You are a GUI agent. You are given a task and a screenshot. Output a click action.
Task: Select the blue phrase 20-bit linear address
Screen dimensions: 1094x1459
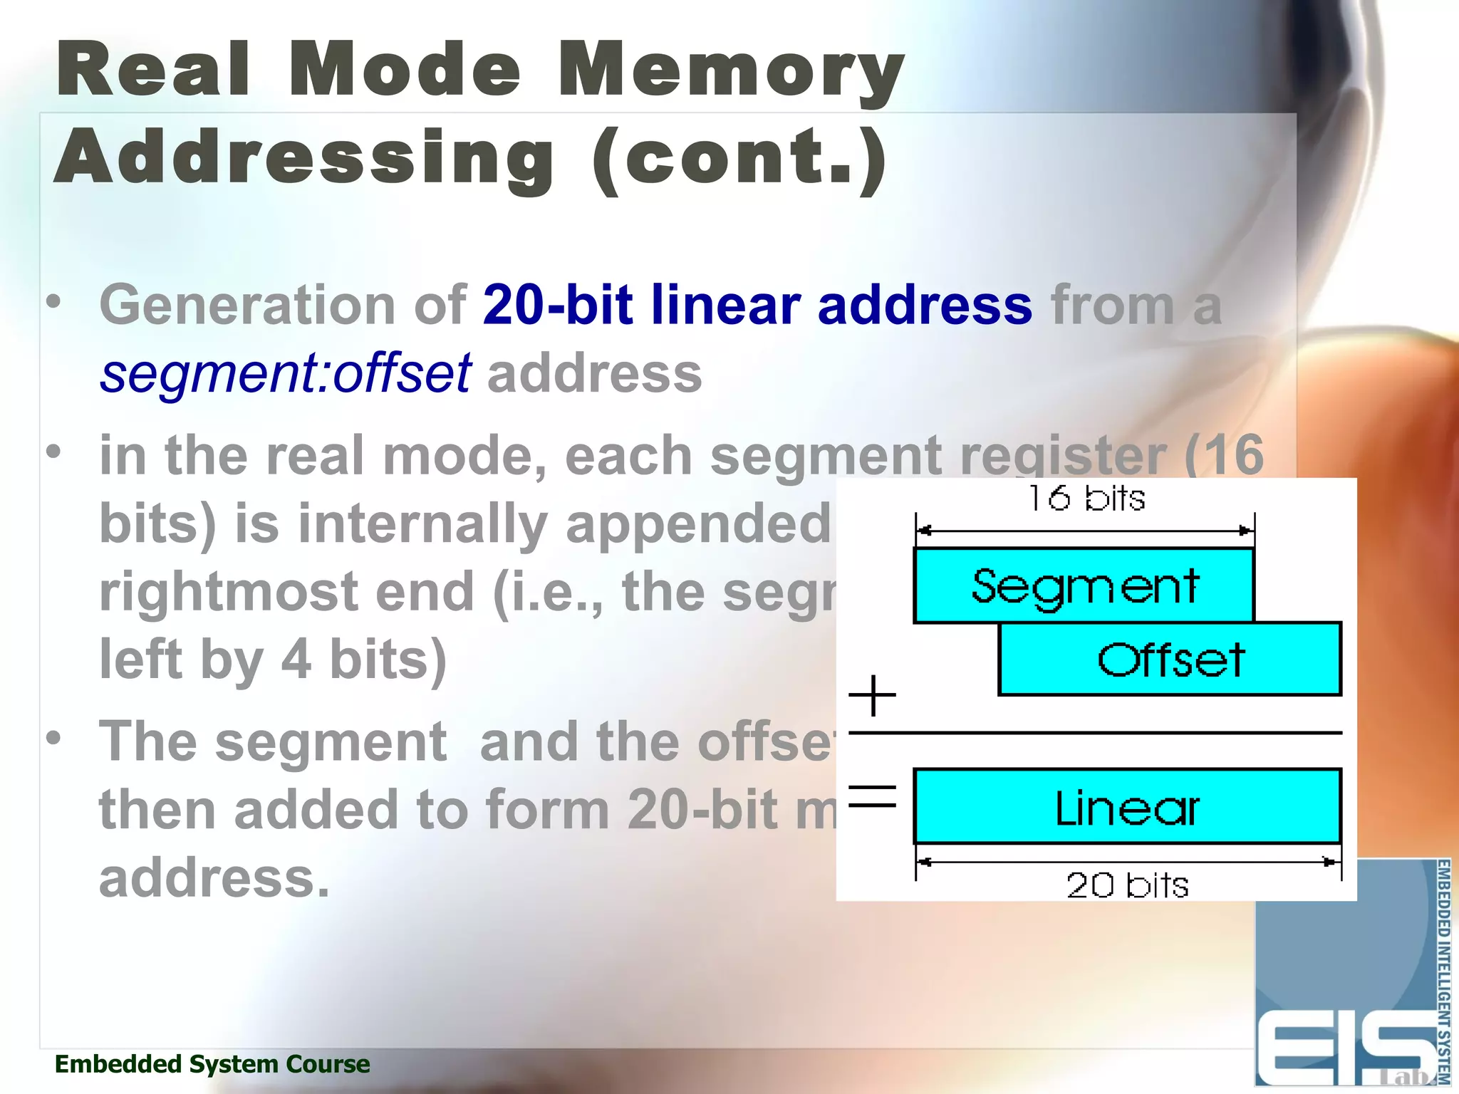(x=757, y=305)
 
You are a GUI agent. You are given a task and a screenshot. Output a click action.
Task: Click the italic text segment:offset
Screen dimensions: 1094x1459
(x=285, y=373)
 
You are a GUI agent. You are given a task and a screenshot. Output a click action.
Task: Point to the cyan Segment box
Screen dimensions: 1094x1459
(x=1084, y=585)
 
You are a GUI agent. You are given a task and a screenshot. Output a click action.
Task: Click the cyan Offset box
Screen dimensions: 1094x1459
(x=1170, y=659)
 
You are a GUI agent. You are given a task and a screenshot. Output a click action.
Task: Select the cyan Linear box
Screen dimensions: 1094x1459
(x=1127, y=807)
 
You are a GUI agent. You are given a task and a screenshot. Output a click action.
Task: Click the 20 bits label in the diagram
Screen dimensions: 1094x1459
(x=1127, y=885)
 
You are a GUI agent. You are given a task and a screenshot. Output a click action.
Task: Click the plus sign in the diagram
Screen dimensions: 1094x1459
(x=872, y=695)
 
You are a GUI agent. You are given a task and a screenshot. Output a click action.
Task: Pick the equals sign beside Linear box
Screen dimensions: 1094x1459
(x=872, y=796)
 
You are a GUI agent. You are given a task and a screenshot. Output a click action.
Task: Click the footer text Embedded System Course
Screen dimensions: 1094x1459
(x=212, y=1063)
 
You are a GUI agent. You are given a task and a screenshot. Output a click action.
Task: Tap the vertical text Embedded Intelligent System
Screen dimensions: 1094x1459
(x=1443, y=972)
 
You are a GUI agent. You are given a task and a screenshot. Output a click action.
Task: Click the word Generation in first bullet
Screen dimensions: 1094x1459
(x=248, y=305)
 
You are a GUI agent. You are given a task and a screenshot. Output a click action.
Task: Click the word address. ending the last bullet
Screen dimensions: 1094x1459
(x=214, y=877)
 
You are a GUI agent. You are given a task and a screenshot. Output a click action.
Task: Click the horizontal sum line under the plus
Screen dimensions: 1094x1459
(x=1095, y=732)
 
